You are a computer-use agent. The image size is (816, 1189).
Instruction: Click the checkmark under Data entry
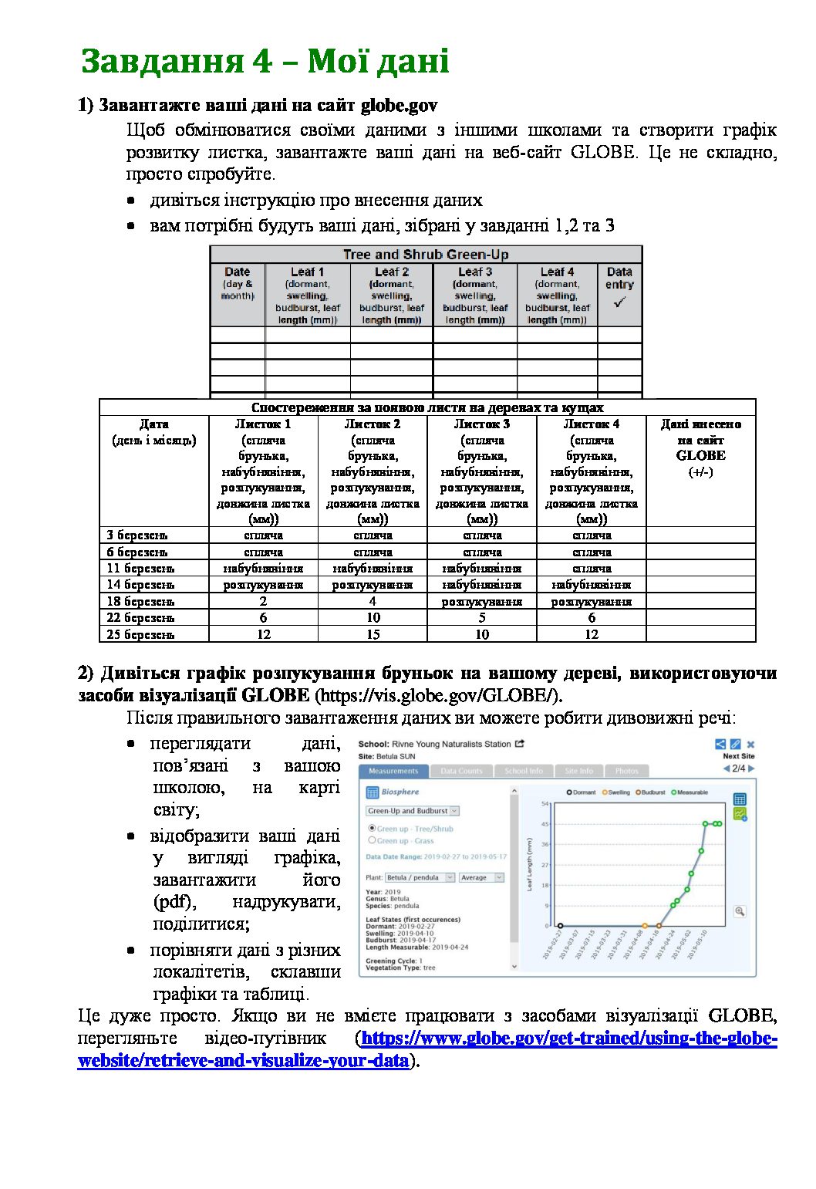coord(619,303)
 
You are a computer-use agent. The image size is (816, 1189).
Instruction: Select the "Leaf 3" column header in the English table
coord(475,272)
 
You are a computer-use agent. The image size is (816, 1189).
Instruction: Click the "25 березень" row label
coord(141,634)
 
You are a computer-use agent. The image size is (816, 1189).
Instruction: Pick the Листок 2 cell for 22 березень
coord(373,617)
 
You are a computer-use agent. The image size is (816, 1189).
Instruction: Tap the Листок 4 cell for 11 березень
coord(592,568)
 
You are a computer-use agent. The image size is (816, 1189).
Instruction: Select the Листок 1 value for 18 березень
coord(263,601)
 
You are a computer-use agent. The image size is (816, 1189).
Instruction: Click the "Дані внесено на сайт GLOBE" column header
coord(700,448)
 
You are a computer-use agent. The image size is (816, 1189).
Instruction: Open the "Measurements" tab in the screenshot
coord(393,771)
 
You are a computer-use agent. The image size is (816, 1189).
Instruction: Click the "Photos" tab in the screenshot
coord(626,771)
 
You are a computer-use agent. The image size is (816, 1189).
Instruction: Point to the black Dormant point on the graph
coord(560,925)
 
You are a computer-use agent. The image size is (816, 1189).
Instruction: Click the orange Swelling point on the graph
coord(645,925)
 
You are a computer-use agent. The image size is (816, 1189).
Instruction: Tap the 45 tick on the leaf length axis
coord(545,824)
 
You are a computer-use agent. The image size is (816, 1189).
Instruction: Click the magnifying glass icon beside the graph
coord(740,911)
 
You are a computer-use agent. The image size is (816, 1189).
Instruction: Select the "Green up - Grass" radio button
coord(373,840)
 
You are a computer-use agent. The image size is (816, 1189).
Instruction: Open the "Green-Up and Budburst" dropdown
coord(412,811)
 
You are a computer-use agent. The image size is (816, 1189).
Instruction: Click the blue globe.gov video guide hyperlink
coord(568,1039)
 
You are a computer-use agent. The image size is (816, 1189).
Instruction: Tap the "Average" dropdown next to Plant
coord(481,877)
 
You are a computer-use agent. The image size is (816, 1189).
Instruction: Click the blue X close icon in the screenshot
coord(750,745)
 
